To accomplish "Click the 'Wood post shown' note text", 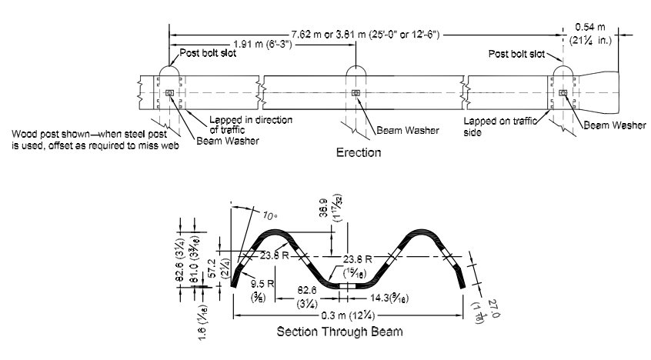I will [x=95, y=139].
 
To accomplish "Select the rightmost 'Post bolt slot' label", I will [x=517, y=55].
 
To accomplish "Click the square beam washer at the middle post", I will [x=355, y=94].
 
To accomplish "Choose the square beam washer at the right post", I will [x=564, y=94].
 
